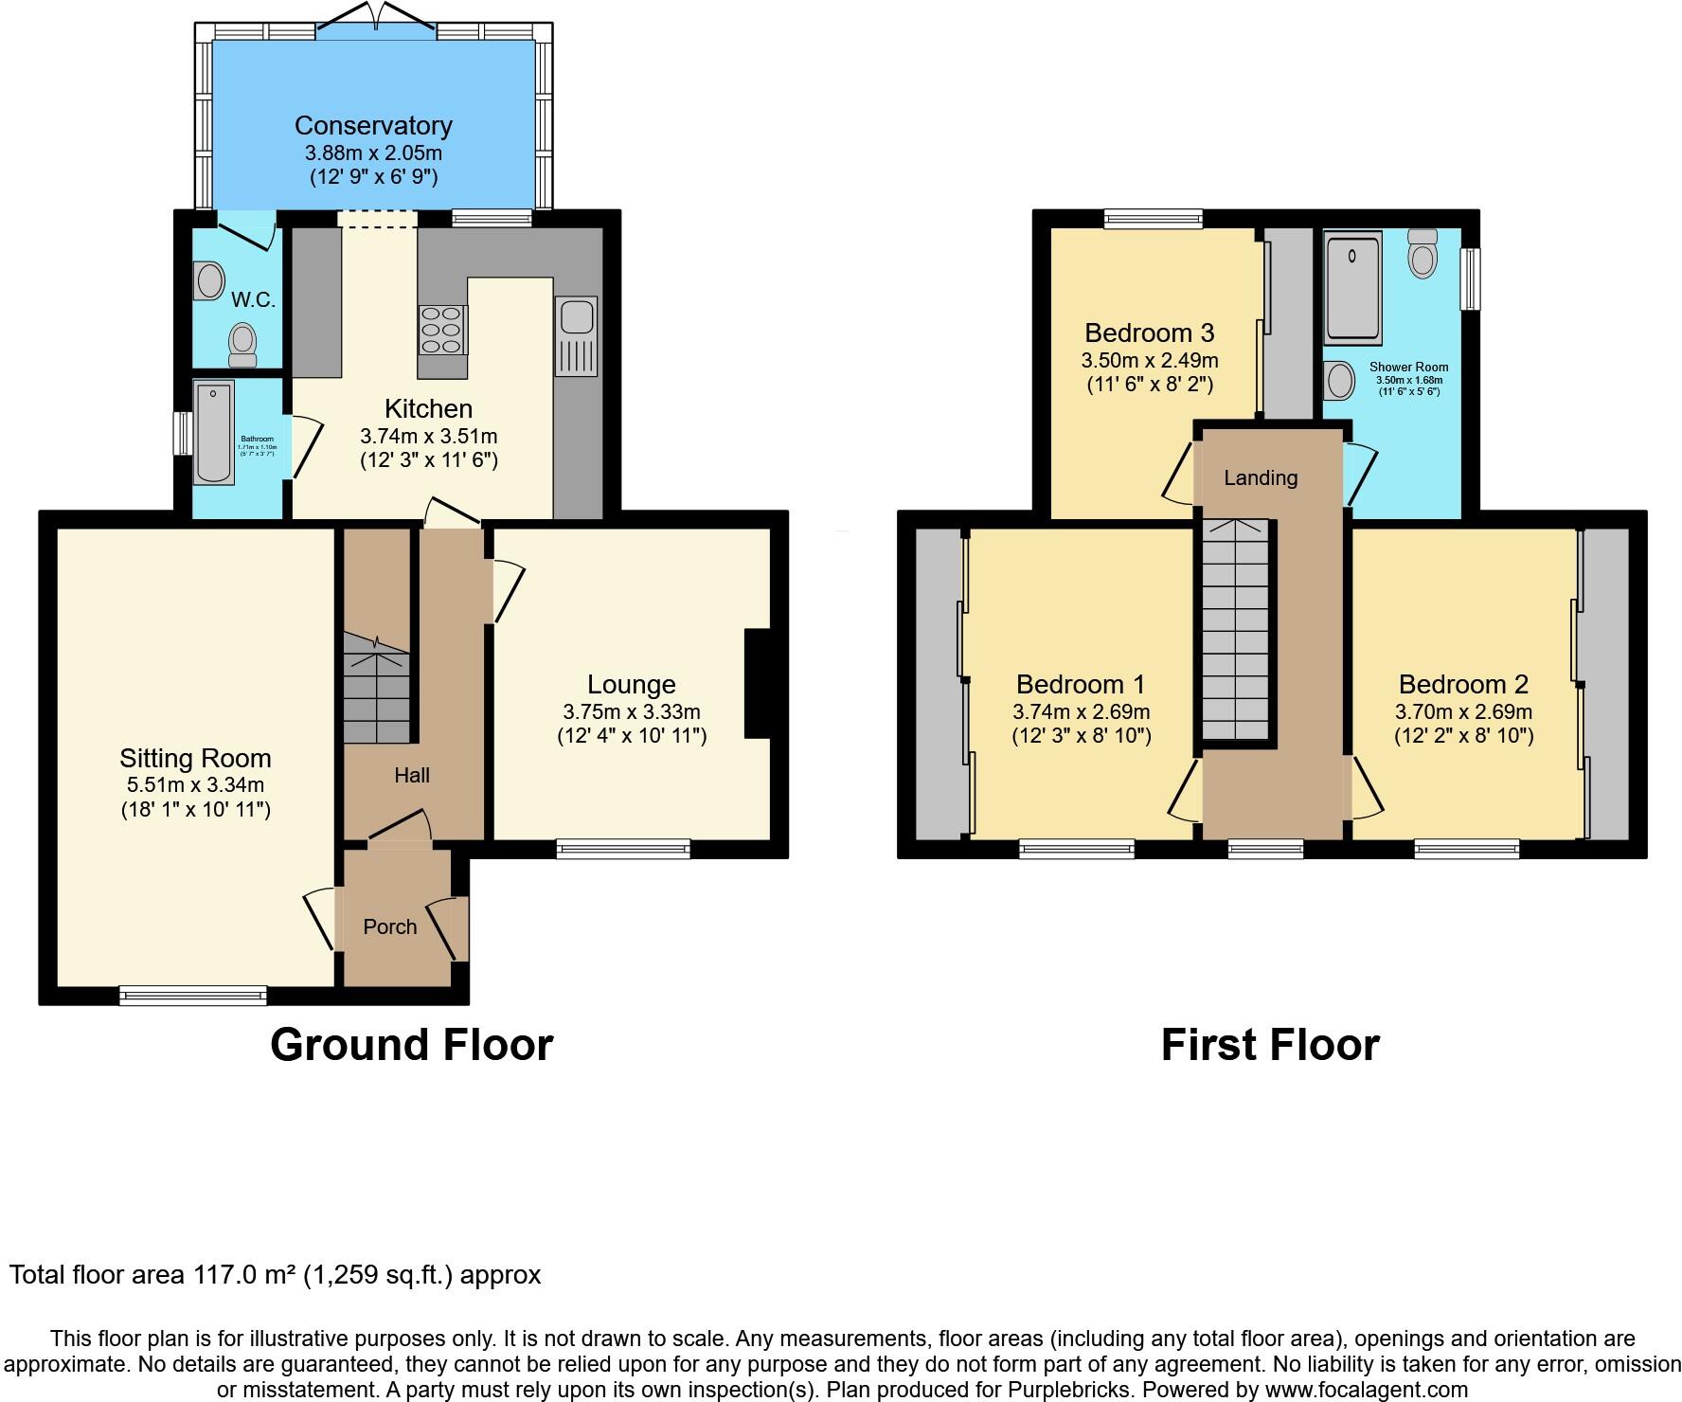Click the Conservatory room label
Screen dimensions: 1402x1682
(x=373, y=125)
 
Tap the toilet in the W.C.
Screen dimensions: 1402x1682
(x=242, y=344)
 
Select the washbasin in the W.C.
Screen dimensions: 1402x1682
(x=209, y=280)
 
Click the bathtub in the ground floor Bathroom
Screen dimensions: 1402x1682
(x=213, y=433)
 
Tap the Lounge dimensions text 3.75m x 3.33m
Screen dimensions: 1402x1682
(x=631, y=711)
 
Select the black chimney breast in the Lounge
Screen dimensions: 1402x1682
(x=758, y=683)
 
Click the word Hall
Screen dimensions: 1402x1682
(x=412, y=776)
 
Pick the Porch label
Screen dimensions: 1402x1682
(x=390, y=926)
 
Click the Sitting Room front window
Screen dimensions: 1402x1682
(x=193, y=995)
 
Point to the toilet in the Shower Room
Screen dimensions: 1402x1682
(x=1422, y=253)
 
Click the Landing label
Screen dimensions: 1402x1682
(x=1260, y=477)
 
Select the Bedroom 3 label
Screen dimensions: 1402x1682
(x=1149, y=333)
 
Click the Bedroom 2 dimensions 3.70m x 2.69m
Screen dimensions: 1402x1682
(x=1462, y=711)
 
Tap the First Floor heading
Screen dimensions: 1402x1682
(x=1269, y=1045)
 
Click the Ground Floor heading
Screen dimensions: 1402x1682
(x=411, y=1045)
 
